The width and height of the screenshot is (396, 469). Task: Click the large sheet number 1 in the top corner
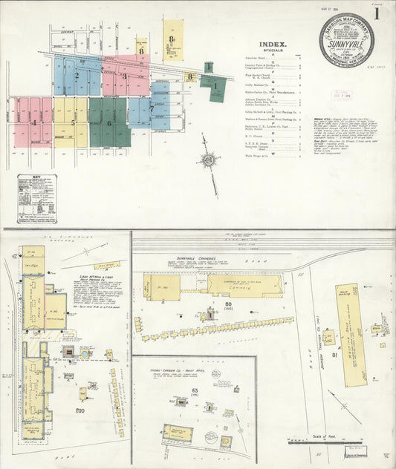point(378,13)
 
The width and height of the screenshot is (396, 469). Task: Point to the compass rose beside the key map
point(210,160)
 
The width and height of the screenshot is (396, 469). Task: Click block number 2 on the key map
point(76,75)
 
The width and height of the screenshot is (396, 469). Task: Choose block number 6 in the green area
point(109,123)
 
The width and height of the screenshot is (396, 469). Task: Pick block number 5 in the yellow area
point(73,122)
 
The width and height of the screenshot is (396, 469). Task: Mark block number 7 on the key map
point(152,108)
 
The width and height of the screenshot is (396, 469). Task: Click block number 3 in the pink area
point(124,76)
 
